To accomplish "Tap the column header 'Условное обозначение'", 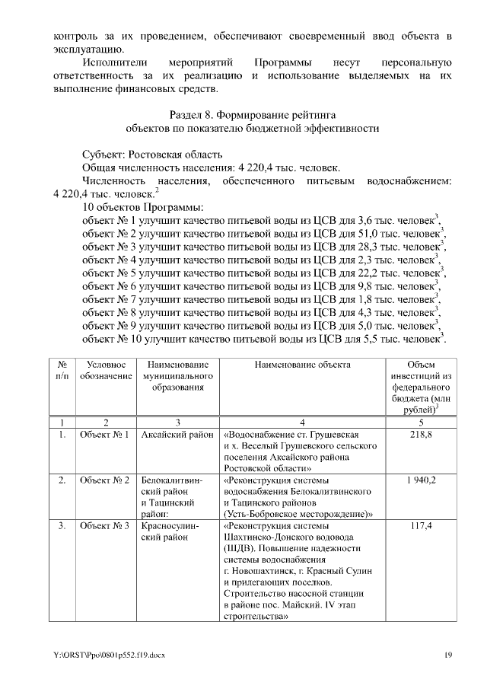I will coord(105,371).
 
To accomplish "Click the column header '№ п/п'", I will coord(62,371).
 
